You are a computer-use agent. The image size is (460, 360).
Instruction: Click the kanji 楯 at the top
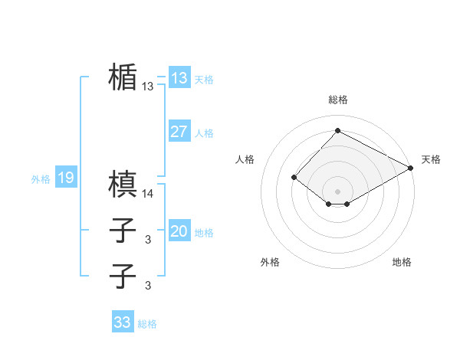tap(123, 77)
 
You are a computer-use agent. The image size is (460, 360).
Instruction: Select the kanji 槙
tap(123, 185)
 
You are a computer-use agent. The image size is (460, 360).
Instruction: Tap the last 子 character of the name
tap(123, 275)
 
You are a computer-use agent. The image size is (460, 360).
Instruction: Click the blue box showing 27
tap(179, 132)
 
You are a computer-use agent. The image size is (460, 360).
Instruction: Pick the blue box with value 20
tap(179, 231)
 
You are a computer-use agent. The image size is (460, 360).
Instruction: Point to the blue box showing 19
tap(65, 178)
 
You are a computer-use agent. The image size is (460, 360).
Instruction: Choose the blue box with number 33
tap(123, 322)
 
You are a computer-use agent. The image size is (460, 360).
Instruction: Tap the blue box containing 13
tap(179, 78)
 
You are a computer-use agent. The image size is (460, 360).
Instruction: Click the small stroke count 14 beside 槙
tap(148, 195)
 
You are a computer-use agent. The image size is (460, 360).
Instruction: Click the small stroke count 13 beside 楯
tap(148, 87)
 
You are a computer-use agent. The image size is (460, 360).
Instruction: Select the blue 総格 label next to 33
tap(147, 324)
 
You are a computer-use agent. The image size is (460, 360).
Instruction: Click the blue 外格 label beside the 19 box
tap(41, 179)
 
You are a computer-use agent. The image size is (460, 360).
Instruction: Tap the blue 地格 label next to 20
tap(204, 233)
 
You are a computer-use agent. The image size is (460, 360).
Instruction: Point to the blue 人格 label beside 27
tap(204, 133)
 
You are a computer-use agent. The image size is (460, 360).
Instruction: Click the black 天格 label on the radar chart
tap(431, 159)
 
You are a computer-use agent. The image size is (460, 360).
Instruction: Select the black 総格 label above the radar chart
tap(337, 100)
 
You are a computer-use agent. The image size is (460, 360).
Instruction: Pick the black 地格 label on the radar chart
tap(402, 262)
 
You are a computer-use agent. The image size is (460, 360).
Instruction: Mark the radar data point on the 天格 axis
tap(412, 168)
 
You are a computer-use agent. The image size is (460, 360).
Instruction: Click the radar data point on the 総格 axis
tap(337, 131)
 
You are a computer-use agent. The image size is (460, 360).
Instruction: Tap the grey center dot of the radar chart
tap(337, 191)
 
